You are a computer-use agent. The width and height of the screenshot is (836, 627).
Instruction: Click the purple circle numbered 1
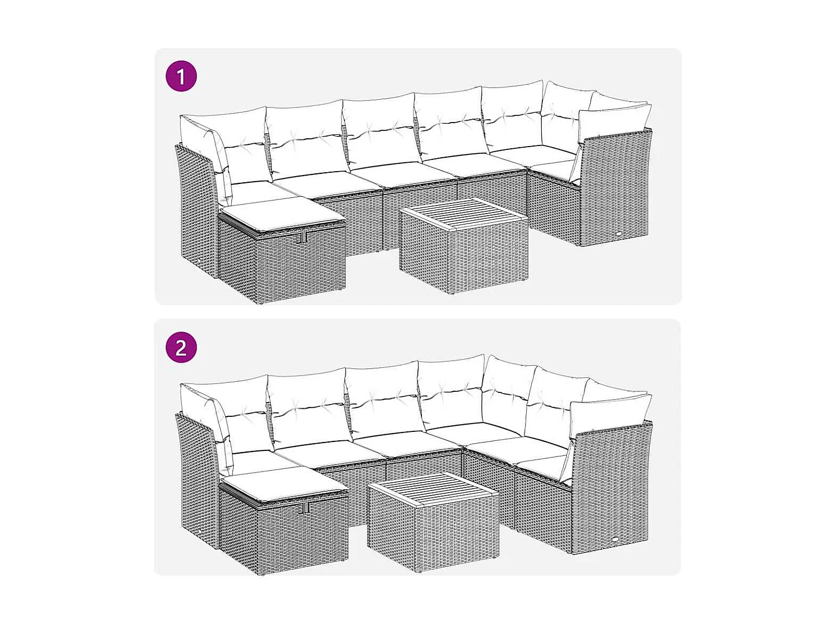[181, 76]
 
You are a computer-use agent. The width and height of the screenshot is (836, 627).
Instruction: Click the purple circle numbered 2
[181, 348]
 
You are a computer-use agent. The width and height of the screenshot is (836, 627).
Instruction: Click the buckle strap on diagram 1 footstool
[303, 237]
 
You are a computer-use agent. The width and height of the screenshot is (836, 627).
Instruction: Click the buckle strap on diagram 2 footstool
[305, 507]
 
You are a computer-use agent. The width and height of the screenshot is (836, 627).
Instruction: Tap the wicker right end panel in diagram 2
[612, 485]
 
